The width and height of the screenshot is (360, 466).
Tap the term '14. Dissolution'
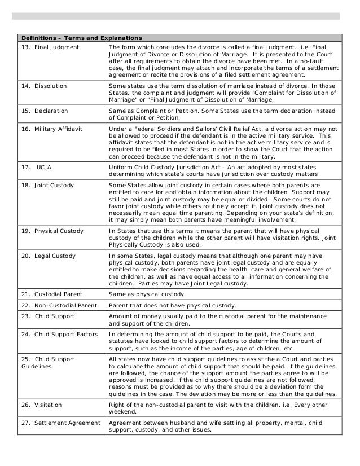43,86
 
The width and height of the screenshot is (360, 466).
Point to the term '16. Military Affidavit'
51,129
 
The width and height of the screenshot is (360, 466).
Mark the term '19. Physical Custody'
52,231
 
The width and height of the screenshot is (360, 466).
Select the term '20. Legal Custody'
48,256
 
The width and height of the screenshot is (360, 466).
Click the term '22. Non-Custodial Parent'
59,306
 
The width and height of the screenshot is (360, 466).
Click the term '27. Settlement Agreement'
60,423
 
